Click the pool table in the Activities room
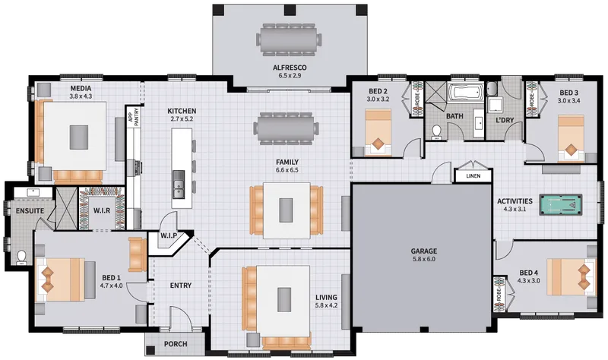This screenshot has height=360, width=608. pos(561,205)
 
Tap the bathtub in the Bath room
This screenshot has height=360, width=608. pos(466,93)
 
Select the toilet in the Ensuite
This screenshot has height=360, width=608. pos(21,257)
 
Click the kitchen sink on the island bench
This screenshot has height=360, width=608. pos(179,184)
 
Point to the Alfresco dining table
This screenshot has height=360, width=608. pos(289,39)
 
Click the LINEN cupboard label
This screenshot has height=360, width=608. pos(473,176)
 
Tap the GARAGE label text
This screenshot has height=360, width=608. pos(424,251)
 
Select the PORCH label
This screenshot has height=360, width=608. pos(176,344)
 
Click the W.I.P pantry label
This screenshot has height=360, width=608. pos(169,235)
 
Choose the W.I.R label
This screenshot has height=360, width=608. pos(102,211)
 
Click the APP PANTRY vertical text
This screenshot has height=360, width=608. pos(134,117)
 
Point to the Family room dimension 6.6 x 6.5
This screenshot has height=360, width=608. pos(287,169)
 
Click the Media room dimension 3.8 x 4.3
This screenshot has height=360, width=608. pos(81,96)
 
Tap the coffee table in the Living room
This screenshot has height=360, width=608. pos(284,299)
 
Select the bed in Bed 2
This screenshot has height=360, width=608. pos(378,132)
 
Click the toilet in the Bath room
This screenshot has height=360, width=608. pos(437,132)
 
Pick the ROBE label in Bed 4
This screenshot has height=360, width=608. pos(499,294)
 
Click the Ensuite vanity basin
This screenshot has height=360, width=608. pos(32,191)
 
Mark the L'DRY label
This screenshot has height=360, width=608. pos(505,120)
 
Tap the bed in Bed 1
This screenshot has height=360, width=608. pos(60,279)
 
